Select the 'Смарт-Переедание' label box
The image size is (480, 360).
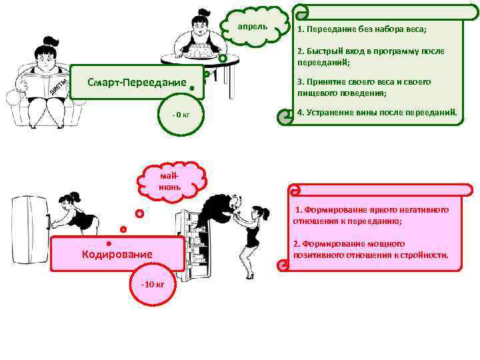(x=137, y=82)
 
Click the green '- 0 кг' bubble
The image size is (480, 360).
(x=181, y=115)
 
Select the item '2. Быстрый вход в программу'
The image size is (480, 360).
(x=370, y=56)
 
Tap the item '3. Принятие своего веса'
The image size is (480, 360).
(x=364, y=87)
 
